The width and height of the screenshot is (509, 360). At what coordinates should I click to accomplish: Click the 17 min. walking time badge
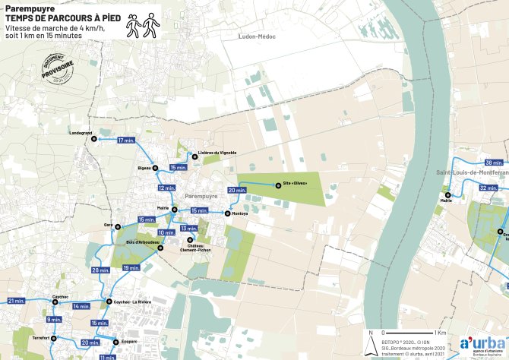tap(126, 141)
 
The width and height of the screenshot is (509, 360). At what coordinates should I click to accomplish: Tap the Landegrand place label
tap(80, 133)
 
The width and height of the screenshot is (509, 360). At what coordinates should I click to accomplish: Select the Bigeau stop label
tap(144, 167)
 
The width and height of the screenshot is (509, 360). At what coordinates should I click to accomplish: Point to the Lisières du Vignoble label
tap(217, 153)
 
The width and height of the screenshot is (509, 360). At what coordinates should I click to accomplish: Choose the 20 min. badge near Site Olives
tap(237, 190)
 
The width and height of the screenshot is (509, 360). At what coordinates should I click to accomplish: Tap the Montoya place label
tap(240, 214)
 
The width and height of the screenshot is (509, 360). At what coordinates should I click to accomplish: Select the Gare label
tap(108, 226)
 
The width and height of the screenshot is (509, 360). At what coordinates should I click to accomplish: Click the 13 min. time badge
tap(188, 229)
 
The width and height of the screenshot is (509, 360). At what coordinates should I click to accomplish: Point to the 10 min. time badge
tap(166, 232)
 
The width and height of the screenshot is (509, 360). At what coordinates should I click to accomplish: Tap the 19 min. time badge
tap(131, 267)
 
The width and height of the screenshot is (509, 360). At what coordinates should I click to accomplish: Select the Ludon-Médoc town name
tap(256, 36)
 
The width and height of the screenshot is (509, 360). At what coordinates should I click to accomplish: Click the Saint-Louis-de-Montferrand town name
tap(472, 173)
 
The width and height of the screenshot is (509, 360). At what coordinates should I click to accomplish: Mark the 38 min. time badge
tap(494, 163)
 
